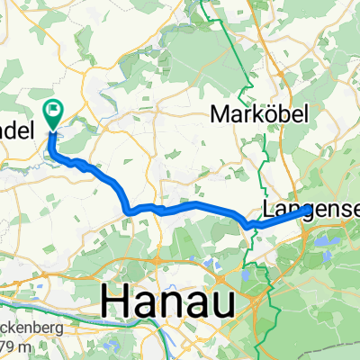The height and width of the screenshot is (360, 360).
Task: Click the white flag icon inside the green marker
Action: click(54, 112)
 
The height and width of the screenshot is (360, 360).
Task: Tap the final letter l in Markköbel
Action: click(304, 113)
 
